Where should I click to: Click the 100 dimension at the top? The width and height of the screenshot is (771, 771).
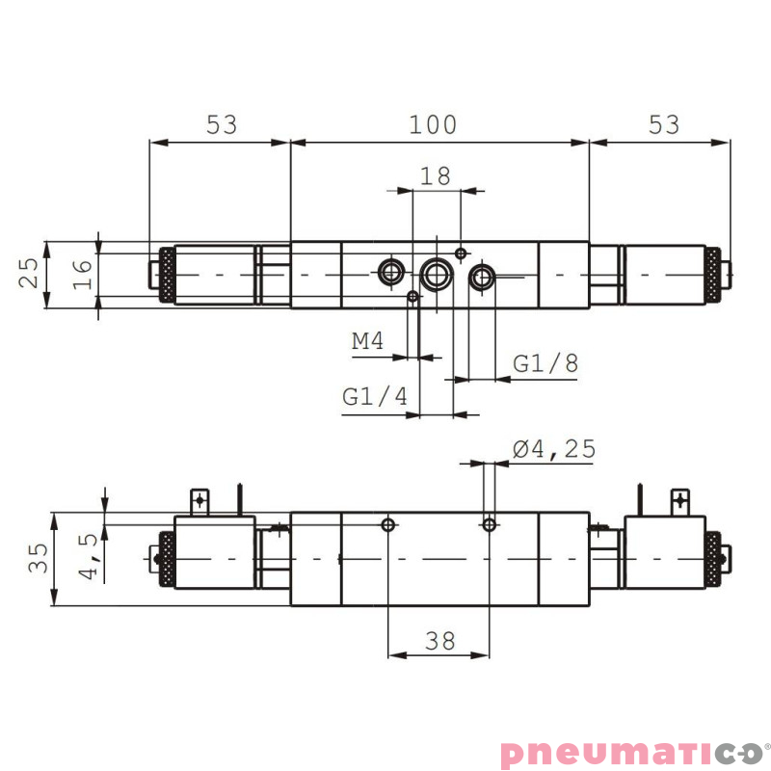[x=433, y=124]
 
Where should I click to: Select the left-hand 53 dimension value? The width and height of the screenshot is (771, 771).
[x=221, y=124]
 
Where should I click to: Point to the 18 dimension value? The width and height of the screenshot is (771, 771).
[x=436, y=175]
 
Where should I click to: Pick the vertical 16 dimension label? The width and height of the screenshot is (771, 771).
[x=83, y=274]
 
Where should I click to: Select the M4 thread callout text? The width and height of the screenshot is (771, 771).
[x=368, y=341]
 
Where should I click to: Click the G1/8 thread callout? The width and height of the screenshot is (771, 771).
[x=545, y=363]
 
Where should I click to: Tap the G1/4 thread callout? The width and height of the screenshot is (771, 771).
[x=376, y=396]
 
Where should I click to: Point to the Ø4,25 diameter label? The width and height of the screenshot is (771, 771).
[x=554, y=448]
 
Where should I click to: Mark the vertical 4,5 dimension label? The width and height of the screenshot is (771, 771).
[x=90, y=557]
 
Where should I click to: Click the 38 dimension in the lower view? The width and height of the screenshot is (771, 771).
[x=439, y=639]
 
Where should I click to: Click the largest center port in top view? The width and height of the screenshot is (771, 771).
[x=437, y=275]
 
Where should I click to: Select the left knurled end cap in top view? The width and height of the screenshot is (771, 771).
[x=167, y=275]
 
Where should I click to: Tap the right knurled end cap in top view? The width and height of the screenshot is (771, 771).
[x=712, y=275]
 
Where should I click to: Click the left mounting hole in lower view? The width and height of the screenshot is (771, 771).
[x=388, y=525]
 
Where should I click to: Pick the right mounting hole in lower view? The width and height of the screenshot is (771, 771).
[x=490, y=525]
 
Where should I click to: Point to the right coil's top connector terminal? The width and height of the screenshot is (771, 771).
[x=680, y=500]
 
